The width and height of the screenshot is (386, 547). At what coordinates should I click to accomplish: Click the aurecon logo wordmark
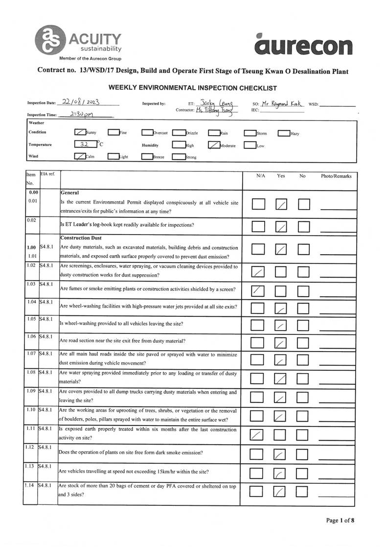pyautogui.click(x=303, y=45)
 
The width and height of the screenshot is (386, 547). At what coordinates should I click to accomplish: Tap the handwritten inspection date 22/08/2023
pyautogui.click(x=81, y=103)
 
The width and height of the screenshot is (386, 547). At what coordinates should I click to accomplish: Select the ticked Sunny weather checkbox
pyautogui.click(x=80, y=132)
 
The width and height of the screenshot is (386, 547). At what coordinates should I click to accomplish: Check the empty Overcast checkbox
pyautogui.click(x=147, y=133)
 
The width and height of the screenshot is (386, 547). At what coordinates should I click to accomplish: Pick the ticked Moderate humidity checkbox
pyautogui.click(x=214, y=145)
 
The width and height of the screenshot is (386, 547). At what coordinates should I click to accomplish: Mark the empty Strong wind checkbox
pyautogui.click(x=179, y=157)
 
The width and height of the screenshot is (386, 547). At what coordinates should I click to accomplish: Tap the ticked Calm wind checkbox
pyautogui.click(x=80, y=156)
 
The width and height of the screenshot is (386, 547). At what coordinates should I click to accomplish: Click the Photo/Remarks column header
pyautogui.click(x=336, y=176)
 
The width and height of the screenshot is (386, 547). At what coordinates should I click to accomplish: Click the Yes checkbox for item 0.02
pyautogui.click(x=281, y=227)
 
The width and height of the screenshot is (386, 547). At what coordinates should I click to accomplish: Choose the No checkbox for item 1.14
pyautogui.click(x=304, y=491)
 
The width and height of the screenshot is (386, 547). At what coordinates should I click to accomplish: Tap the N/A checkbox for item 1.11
pyautogui.click(x=258, y=434)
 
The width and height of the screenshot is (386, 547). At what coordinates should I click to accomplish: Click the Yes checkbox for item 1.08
pyautogui.click(x=281, y=379)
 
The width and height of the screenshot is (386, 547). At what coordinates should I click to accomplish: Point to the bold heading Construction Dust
pyautogui.click(x=81, y=238)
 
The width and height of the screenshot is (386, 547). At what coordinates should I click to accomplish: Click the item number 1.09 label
pyautogui.click(x=31, y=392)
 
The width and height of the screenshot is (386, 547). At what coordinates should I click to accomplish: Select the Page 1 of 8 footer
pyautogui.click(x=340, y=521)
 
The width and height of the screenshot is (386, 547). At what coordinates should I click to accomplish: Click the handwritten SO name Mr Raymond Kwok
pyautogui.click(x=284, y=104)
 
